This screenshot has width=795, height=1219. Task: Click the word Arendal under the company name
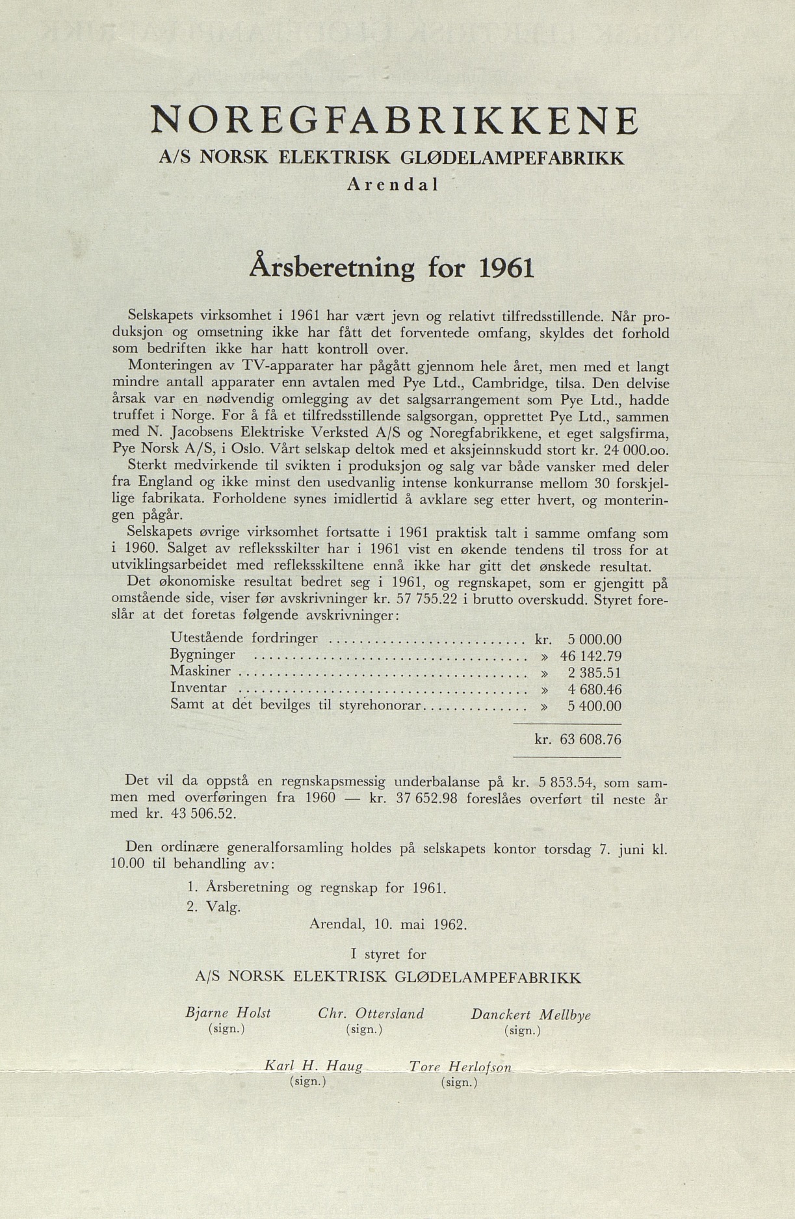click(x=393, y=185)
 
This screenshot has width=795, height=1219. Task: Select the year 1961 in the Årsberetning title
click(x=506, y=268)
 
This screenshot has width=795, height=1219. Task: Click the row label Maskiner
click(x=200, y=671)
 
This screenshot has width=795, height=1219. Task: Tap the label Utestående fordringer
click(x=244, y=638)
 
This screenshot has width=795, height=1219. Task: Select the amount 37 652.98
click(x=427, y=798)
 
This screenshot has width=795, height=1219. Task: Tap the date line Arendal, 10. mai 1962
click(x=388, y=924)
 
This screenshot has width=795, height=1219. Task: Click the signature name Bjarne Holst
click(x=228, y=1013)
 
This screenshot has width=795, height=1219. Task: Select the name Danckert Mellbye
click(x=530, y=1014)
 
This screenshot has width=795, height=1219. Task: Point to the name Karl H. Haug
click(x=313, y=1066)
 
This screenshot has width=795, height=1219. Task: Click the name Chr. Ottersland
click(x=371, y=1014)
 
